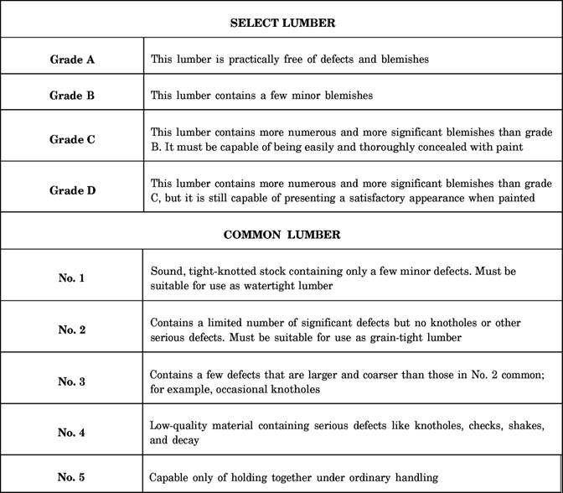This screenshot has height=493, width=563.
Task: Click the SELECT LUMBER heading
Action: point(282,23)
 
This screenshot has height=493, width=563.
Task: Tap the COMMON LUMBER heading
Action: point(282,235)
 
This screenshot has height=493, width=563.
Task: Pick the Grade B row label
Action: point(72,96)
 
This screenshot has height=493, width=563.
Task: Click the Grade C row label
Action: point(72,139)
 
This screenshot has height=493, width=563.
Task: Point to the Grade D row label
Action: point(72,190)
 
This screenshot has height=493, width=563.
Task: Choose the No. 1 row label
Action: point(71,278)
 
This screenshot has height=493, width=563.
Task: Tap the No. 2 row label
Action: point(71,330)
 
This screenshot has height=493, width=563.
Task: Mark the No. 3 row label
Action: point(71,381)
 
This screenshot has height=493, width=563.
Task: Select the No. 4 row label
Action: point(71,433)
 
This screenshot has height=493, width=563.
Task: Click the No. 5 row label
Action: point(71,477)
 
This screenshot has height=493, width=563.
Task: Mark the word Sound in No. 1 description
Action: point(165,271)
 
